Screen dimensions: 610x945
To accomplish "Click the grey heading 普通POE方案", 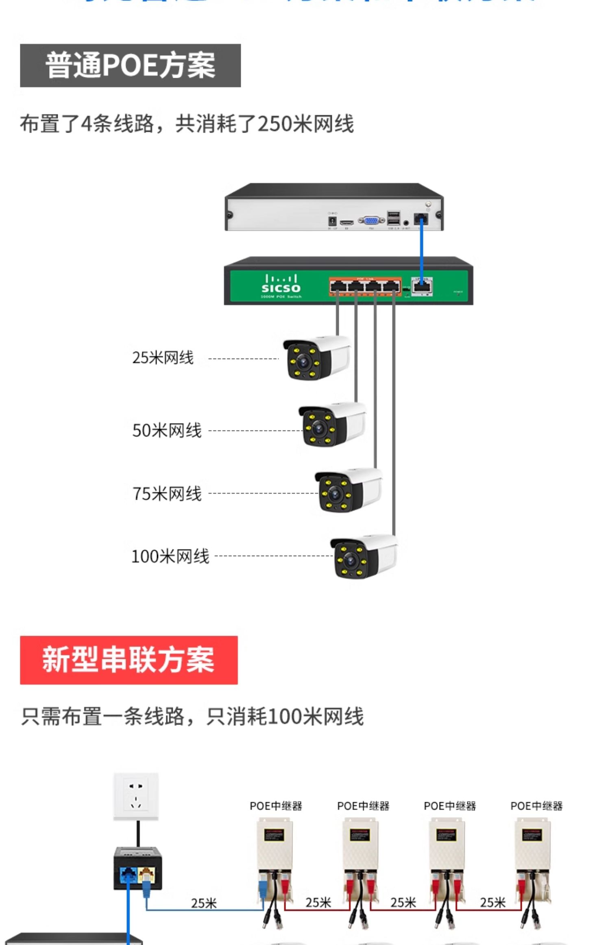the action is (130, 66).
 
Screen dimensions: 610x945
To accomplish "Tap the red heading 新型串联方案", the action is (129, 660).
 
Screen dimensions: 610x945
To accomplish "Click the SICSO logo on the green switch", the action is (281, 285).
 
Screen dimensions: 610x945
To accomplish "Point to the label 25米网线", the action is (163, 358).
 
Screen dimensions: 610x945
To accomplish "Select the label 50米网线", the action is (167, 430).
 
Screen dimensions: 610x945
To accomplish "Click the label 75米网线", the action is (167, 493).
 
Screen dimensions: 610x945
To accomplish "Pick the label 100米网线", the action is (170, 556).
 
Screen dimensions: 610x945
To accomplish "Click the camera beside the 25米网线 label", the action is (316, 358).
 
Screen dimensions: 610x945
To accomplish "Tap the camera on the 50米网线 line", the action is (332, 425).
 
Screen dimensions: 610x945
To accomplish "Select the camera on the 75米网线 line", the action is (348, 490).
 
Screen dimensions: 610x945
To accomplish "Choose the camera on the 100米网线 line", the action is (364, 556).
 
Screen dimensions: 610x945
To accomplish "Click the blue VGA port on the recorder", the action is (371, 221).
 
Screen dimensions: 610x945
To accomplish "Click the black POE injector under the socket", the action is (137, 868).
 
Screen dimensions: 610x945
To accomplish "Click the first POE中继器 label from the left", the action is (276, 806).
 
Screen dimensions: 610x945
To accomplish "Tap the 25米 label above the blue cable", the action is (204, 903).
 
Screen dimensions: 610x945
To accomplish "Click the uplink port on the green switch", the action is (422, 286).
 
